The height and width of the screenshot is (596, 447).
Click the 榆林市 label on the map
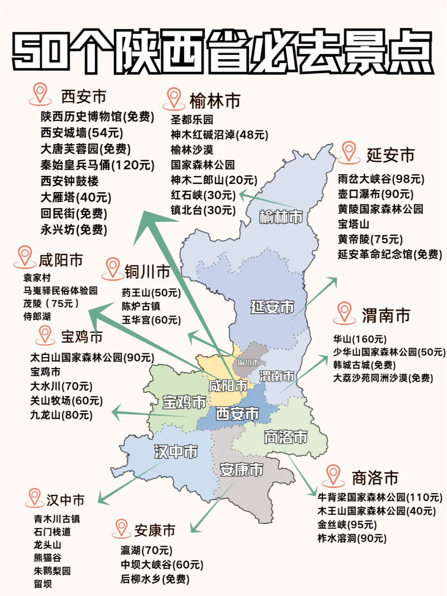point(281,217)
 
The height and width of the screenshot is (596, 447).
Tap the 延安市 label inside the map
point(272,307)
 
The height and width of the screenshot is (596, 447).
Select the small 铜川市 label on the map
point(248,363)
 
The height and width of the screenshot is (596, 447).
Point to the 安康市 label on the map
point(241,469)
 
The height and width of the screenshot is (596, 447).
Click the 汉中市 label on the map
point(176,451)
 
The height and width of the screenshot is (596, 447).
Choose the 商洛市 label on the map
point(286,437)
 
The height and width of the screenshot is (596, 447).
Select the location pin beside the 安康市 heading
point(121,528)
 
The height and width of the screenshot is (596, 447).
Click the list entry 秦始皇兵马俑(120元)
point(97,165)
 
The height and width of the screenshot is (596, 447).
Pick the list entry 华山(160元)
point(360,339)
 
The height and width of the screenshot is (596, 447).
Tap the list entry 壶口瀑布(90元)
point(375,194)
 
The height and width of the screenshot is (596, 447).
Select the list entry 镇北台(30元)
point(203,210)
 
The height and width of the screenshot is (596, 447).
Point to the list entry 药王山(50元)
point(151,293)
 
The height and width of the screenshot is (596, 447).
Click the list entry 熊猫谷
point(48,558)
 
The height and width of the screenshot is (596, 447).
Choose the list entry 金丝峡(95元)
point(347,525)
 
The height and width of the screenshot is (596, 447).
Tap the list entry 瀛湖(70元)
point(147,550)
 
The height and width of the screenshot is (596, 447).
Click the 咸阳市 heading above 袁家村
point(61,260)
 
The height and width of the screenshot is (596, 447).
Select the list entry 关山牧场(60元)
point(66,401)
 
